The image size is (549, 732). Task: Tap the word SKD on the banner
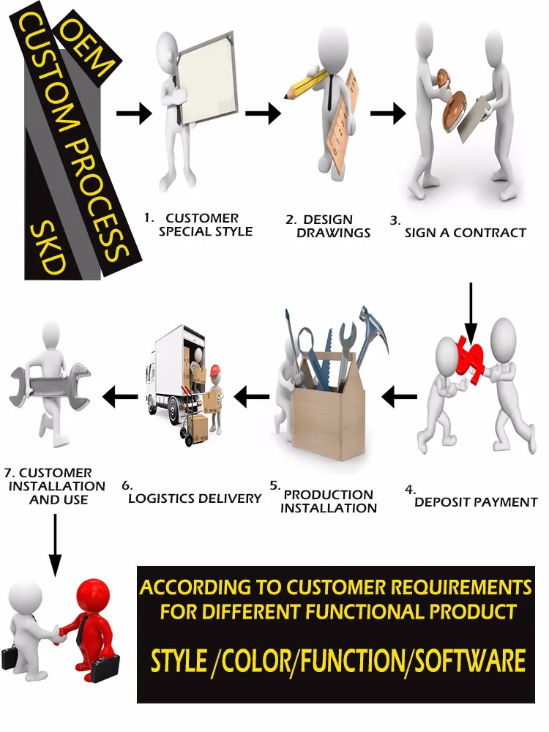[x=45, y=249]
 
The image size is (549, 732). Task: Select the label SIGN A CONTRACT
[x=465, y=233]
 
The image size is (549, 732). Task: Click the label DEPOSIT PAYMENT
[x=476, y=501]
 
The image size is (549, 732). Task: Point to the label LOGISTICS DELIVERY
[x=195, y=498]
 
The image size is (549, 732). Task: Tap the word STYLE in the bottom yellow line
[x=179, y=661]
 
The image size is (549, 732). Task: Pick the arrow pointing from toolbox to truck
[x=251, y=397]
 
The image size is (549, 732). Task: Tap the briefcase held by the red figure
[x=105, y=667]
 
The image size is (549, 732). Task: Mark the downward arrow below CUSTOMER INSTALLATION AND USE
[x=55, y=545]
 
